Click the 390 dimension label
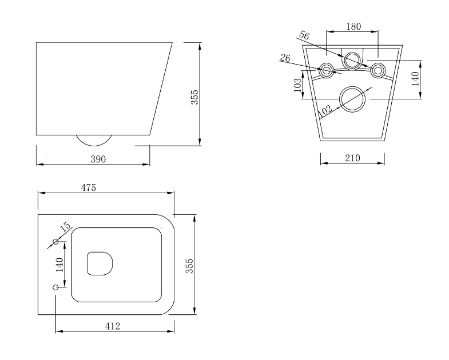click(98, 159)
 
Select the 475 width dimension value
click(89, 188)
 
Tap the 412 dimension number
click(113, 326)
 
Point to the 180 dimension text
click(353, 27)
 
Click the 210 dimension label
click(352, 158)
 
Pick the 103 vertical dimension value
click(298, 85)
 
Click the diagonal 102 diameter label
click(325, 111)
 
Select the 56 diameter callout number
click(304, 35)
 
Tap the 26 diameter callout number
click(285, 58)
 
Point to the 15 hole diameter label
click(65, 226)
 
